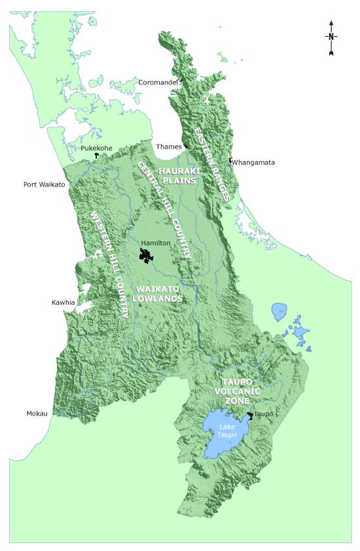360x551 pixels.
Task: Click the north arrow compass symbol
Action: tap(331, 37)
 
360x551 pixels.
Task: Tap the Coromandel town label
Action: tap(157, 82)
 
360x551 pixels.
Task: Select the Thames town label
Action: tap(168, 147)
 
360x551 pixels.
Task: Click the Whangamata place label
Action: tap(254, 162)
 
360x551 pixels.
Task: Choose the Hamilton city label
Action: tap(156, 243)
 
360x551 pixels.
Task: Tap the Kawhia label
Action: tap(63, 302)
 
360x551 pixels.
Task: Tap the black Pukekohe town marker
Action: tap(96, 156)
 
